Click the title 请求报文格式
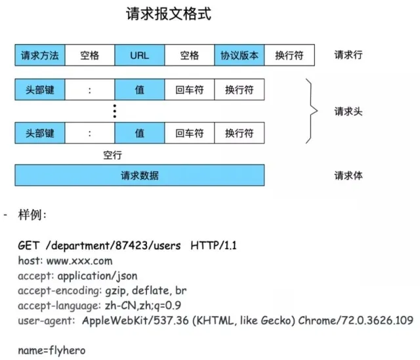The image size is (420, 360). pos(168,14)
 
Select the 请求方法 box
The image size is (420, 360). pos(40,55)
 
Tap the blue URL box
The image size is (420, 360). pos(139,55)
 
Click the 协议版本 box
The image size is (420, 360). pos(239,55)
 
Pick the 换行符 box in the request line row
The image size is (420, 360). pos(289,55)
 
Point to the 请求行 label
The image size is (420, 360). pos(348,55)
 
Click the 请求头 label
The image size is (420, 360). pos(348,111)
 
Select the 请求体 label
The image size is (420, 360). pos(348,175)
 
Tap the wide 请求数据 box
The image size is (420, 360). pos(139,175)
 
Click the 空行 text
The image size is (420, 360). pos(112,155)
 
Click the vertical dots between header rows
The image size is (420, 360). pos(114,111)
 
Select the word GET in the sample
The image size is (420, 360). pos(28,247)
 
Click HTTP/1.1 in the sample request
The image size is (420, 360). pos(213,247)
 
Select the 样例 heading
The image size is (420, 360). pos(30,215)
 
